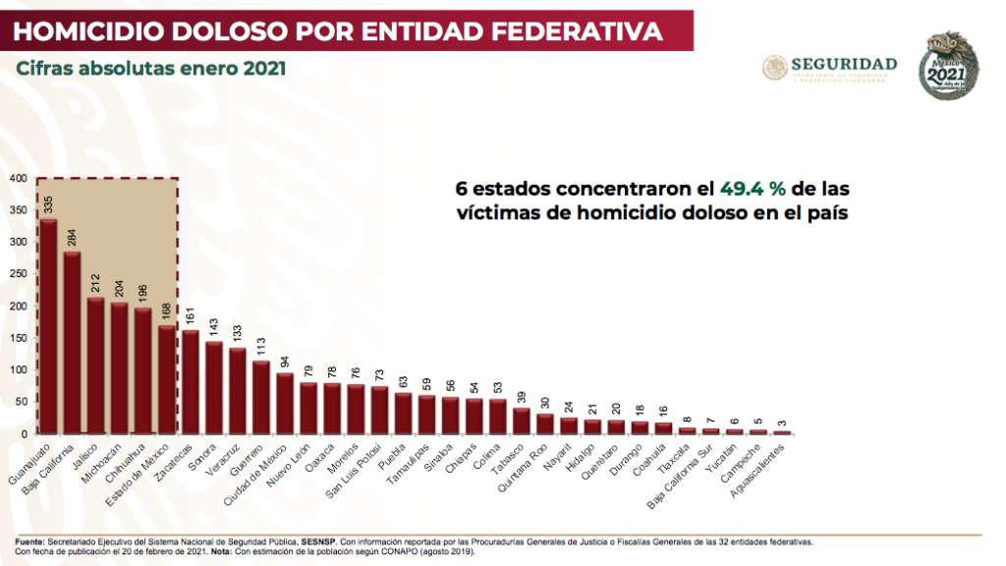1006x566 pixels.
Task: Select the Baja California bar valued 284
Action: pyautogui.click(x=72, y=343)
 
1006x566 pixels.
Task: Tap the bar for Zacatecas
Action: pyautogui.click(x=191, y=382)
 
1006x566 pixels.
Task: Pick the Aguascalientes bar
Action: pyautogui.click(x=782, y=432)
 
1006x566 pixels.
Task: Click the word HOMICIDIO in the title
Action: pyautogui.click(x=98, y=31)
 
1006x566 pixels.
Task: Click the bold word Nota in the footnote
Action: pyautogui.click(x=222, y=551)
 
